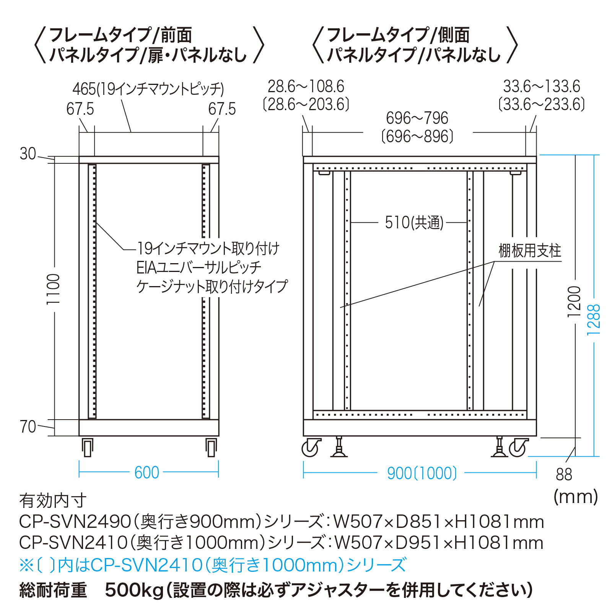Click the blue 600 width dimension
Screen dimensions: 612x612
pyautogui.click(x=147, y=473)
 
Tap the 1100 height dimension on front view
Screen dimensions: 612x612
pyautogui.click(x=53, y=289)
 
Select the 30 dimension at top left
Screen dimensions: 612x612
pyautogui.click(x=28, y=154)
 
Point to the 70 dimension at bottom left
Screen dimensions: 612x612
pyautogui.click(x=28, y=427)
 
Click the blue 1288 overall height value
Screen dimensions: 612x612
pyautogui.click(x=594, y=320)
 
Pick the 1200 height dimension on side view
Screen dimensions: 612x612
pyautogui.click(x=574, y=301)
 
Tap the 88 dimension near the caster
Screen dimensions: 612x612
pyautogui.click(x=564, y=475)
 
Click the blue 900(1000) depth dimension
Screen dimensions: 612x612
pyautogui.click(x=422, y=473)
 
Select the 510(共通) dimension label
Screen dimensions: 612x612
pyautogui.click(x=414, y=223)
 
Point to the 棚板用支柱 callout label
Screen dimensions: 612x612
pyautogui.click(x=530, y=251)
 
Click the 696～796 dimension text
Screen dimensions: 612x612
pyautogui.click(x=417, y=118)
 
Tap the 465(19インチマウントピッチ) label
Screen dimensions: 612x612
pyautogui.click(x=148, y=89)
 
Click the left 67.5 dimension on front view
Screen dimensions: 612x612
pyautogui.click(x=80, y=109)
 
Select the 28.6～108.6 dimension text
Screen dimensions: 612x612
pyautogui.click(x=306, y=87)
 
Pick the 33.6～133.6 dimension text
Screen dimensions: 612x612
pyautogui.click(x=542, y=87)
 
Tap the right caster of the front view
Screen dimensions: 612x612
pyautogui.click(x=211, y=447)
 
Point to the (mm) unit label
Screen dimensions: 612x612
pyautogui.click(x=576, y=497)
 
